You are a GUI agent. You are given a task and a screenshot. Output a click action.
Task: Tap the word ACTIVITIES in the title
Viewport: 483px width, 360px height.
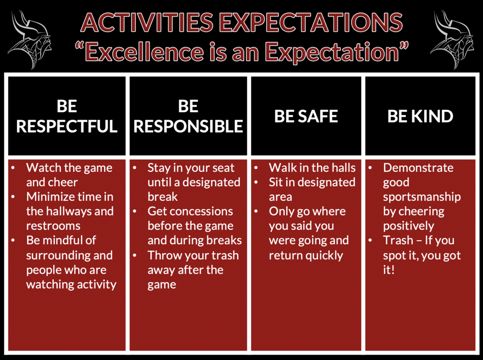pos(147,23)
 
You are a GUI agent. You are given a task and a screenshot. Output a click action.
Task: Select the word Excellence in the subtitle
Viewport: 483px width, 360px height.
pos(144,51)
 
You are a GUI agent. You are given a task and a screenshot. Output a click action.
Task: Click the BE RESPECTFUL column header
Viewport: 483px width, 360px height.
pos(67,116)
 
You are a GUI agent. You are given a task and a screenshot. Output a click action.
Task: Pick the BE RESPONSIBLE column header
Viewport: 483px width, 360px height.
pos(188,116)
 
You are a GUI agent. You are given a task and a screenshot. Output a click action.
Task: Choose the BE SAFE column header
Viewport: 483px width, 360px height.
pos(306,116)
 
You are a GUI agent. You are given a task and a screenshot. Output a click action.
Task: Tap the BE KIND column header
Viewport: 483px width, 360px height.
pos(420,116)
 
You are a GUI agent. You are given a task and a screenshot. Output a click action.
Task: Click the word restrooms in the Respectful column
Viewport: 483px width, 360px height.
pos(53,226)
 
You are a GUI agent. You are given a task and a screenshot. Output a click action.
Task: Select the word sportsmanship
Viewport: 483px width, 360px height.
pos(422,197)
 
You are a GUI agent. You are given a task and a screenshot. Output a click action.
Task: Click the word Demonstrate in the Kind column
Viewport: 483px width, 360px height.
pos(418,168)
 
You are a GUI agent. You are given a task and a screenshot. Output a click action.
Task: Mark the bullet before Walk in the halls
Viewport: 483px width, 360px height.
pos(256,168)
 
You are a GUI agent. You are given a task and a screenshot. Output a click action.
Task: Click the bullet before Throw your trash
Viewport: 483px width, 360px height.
pos(134,256)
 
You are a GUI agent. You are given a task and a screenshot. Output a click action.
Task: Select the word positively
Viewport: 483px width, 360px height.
pos(408,226)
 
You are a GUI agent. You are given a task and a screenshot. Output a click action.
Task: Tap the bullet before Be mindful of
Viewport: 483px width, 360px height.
pos(13,241)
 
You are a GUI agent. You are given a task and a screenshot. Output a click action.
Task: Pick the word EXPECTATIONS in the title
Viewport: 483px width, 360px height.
pos(312,23)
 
